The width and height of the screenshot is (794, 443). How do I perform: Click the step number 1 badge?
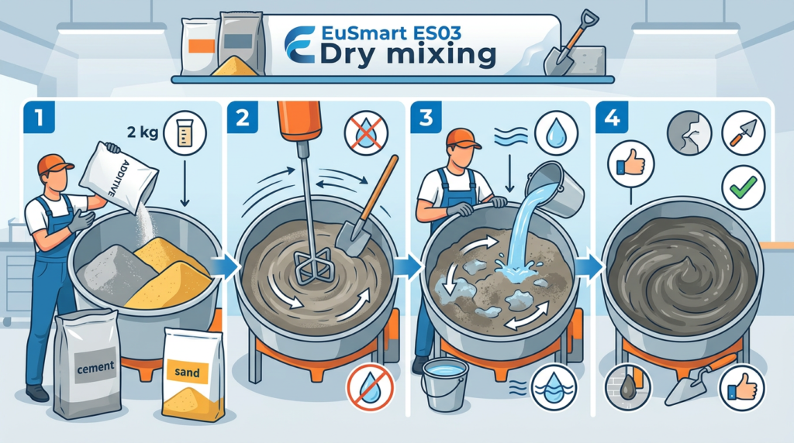(x=39, y=117)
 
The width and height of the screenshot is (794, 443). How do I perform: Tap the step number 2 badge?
(x=243, y=117)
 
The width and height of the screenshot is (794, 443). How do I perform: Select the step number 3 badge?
(x=426, y=117)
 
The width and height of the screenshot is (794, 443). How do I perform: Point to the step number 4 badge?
(x=612, y=117)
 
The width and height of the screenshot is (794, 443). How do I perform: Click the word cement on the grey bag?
(x=95, y=366)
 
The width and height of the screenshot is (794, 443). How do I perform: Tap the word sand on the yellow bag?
(x=187, y=373)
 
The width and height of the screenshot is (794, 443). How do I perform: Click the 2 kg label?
(x=143, y=132)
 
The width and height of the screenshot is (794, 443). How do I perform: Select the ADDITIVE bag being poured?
(x=119, y=177)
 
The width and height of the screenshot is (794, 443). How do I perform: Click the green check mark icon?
(x=743, y=187)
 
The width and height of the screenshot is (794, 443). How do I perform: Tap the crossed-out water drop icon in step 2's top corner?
(x=366, y=133)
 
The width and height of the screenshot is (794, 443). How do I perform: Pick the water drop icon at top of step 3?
(x=556, y=132)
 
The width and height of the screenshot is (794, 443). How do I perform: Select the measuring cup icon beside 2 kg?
(x=185, y=133)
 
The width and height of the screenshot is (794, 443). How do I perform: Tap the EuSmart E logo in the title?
(x=300, y=45)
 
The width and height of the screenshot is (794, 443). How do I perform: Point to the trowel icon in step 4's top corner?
(x=743, y=133)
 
